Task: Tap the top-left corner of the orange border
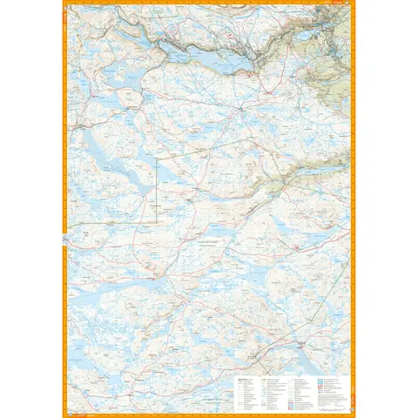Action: [x=64, y=3]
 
